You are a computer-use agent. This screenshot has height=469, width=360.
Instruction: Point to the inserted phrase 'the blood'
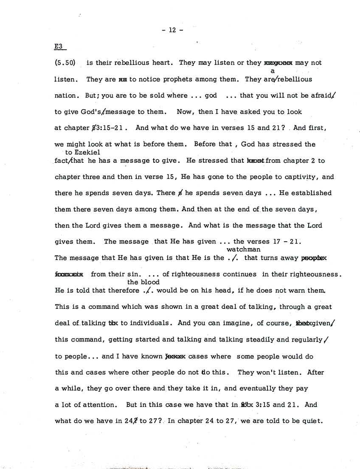pos(143,282)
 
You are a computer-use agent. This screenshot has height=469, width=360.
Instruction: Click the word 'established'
pos(311,193)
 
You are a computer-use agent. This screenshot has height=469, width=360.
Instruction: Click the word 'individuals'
pos(152,323)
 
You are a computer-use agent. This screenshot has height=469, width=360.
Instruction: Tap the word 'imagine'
pos(238,323)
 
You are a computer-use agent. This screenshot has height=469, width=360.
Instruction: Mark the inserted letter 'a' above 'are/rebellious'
pos(273,71)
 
